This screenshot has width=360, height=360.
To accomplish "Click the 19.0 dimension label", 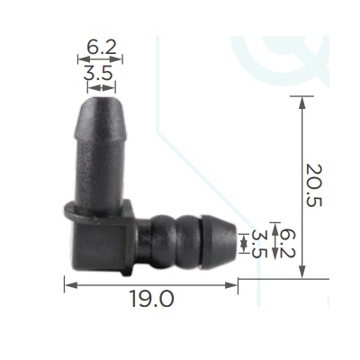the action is tap(152, 299).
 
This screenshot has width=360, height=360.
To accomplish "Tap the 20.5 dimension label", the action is tap(314, 185).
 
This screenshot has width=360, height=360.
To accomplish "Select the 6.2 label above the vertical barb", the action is tap(102, 47).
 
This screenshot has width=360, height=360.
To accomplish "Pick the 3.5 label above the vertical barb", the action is tap(98, 73).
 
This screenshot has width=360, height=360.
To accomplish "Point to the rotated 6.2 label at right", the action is tap(288, 243).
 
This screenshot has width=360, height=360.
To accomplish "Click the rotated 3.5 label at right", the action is tap(258, 244).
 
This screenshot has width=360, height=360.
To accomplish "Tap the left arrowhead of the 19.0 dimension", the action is tap(71, 285).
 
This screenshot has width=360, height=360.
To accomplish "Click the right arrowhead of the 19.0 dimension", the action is tap(231, 285).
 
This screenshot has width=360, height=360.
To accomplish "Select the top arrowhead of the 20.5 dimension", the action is tap(302, 103).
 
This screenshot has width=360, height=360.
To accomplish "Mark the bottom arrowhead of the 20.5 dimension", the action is tap(302, 272).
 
